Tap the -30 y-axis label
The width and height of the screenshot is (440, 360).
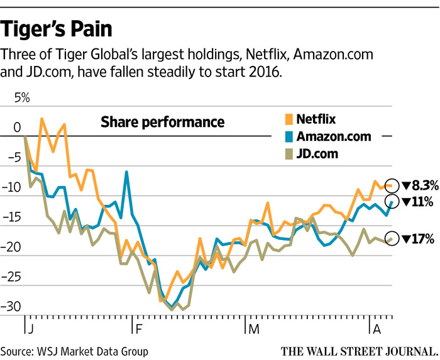point(11,307)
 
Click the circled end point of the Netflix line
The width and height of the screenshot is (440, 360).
point(392,185)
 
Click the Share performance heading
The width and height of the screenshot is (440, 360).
point(162,123)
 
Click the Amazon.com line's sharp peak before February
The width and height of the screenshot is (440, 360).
point(126,172)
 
